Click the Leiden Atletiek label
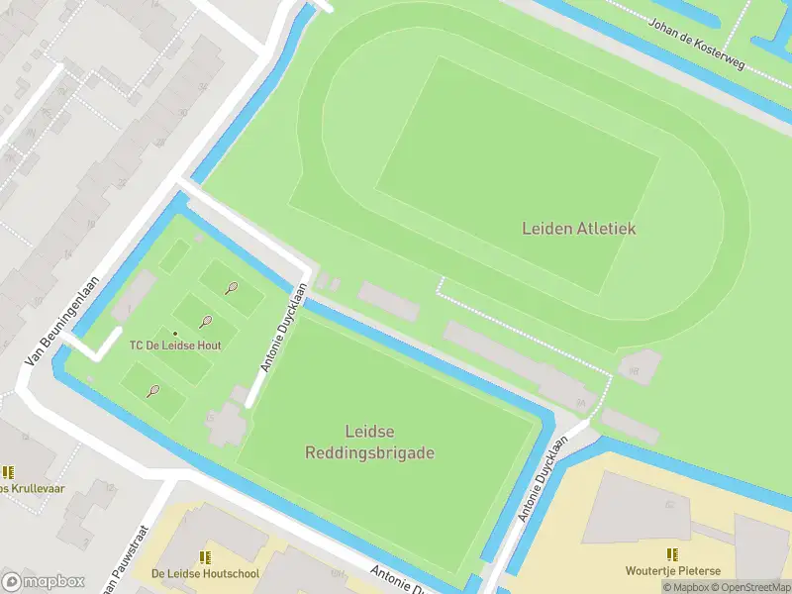click(x=579, y=229)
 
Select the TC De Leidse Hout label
click(x=175, y=346)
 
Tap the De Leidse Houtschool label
click(x=205, y=573)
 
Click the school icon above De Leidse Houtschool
click(x=205, y=557)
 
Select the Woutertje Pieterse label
click(x=672, y=570)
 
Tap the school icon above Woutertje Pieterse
click(x=672, y=554)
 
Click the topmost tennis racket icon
click(x=231, y=288)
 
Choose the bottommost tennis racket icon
click(x=153, y=391)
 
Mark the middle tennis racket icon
click(x=206, y=322)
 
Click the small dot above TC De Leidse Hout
click(x=175, y=333)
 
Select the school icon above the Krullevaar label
click(x=8, y=472)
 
